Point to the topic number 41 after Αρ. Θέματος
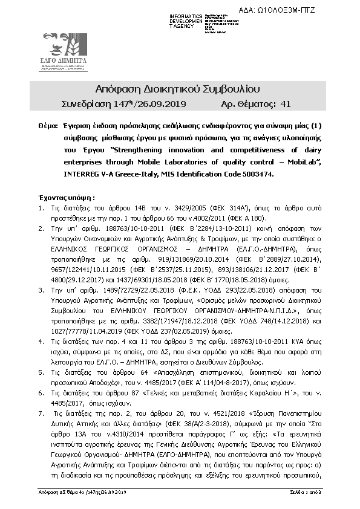[286, 104]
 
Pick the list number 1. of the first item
[41, 209]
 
